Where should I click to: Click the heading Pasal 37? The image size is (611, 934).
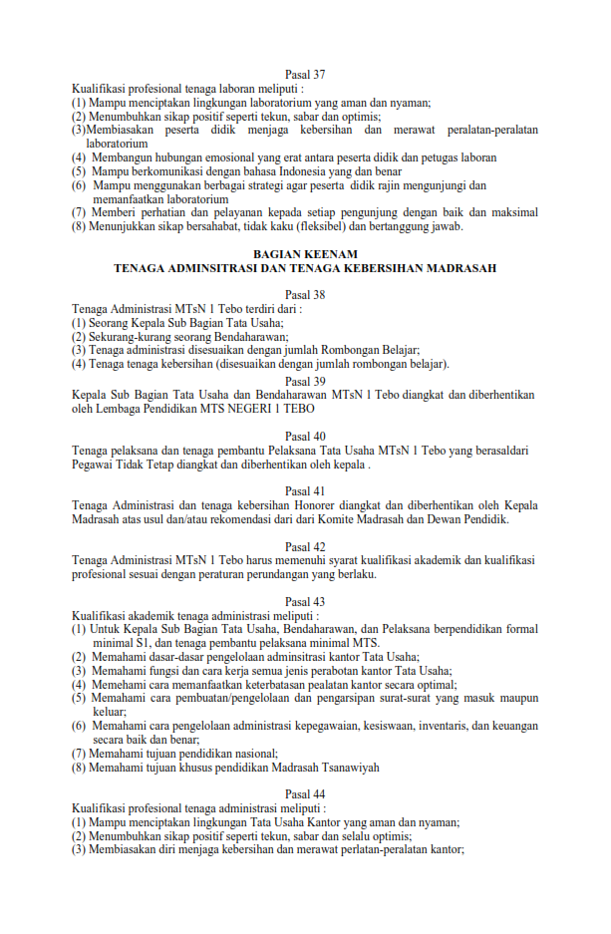click(x=305, y=75)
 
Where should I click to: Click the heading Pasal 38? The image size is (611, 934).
click(x=305, y=295)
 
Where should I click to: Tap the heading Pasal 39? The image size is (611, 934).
click(x=305, y=381)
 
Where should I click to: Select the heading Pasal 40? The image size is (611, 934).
click(x=305, y=437)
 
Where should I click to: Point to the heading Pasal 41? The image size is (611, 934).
click(x=305, y=491)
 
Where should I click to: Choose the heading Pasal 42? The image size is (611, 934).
click(x=305, y=546)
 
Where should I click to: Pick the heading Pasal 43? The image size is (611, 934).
click(x=305, y=601)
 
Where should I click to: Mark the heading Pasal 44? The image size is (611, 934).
click(x=305, y=793)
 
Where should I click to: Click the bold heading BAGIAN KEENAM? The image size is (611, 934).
click(x=305, y=255)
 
